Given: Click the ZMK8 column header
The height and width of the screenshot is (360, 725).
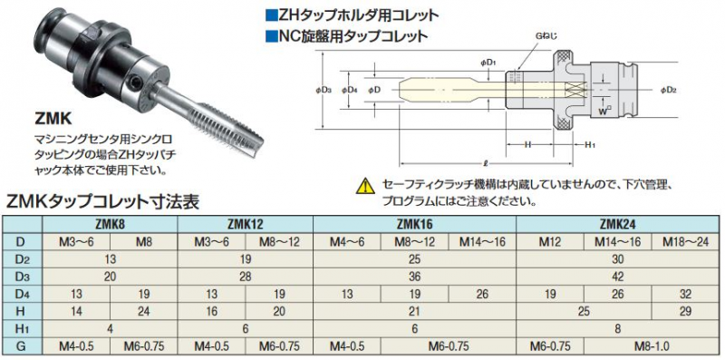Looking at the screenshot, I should [110, 224].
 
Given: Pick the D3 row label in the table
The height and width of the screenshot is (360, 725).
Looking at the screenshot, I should [22, 276].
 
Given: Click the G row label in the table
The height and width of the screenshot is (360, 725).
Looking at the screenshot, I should [22, 345].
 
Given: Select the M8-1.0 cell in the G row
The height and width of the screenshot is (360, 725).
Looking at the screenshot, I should [651, 345].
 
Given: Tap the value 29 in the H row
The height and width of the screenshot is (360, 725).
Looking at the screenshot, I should [684, 311].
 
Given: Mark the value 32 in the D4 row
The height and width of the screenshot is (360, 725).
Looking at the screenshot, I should [684, 293].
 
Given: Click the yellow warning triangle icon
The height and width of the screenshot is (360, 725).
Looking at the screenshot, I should [366, 186].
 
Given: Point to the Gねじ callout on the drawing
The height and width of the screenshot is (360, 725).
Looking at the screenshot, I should [548, 34].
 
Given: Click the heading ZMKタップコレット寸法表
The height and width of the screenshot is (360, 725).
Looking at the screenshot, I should [101, 200].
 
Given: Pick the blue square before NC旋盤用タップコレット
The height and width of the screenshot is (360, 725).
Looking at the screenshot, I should [270, 37].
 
